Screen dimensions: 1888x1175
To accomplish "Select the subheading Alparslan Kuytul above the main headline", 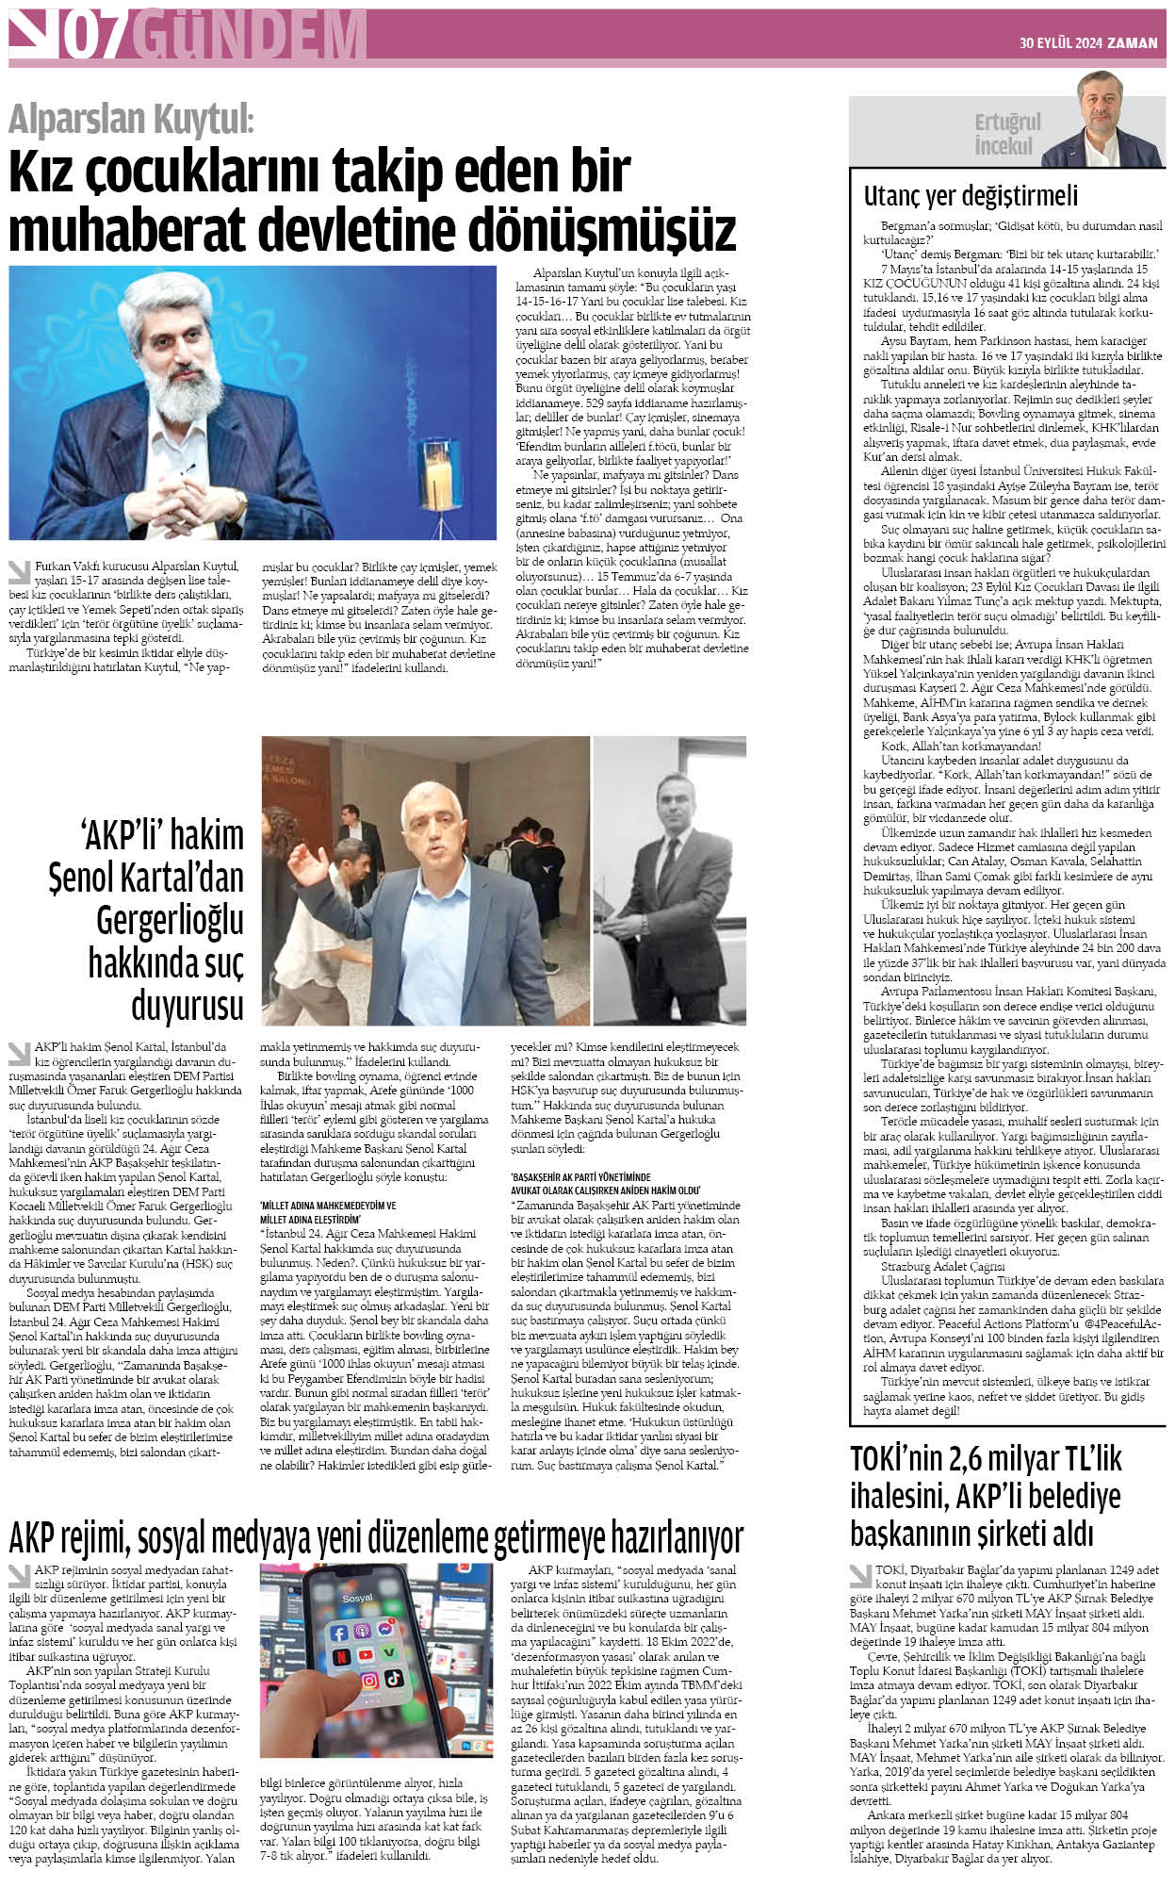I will pyautogui.click(x=131, y=120).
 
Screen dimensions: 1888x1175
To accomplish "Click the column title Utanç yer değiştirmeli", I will pyautogui.click(x=971, y=196).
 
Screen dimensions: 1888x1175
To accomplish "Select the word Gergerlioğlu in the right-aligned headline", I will pyautogui.click(x=170, y=920).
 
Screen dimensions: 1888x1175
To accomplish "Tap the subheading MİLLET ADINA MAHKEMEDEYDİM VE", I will pyautogui.click(x=327, y=1205).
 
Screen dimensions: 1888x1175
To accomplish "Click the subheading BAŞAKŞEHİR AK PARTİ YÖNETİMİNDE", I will pyautogui.click(x=580, y=1177).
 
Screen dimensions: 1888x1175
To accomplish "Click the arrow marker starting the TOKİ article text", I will pyautogui.click(x=860, y=1574).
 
